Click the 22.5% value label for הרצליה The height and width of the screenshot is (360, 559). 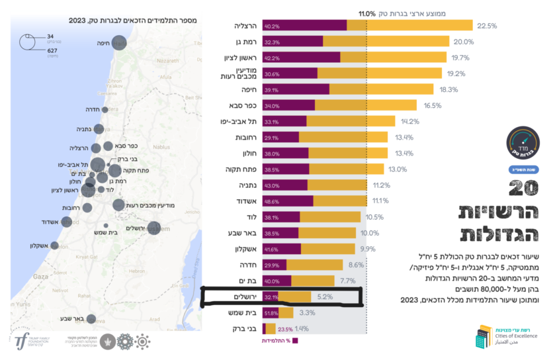tap(487, 26)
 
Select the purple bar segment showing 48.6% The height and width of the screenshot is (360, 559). tap(288, 201)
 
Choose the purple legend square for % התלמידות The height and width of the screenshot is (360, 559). tap(296, 340)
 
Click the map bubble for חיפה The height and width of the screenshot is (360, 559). tap(119, 43)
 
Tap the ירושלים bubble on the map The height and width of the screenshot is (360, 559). tap(153, 228)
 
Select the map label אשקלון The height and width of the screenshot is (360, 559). tap(40, 246)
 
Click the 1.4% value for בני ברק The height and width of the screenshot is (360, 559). tap(302, 328)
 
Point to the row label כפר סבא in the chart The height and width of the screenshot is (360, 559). tap(236, 106)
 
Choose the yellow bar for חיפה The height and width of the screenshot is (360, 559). tap(381, 89)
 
